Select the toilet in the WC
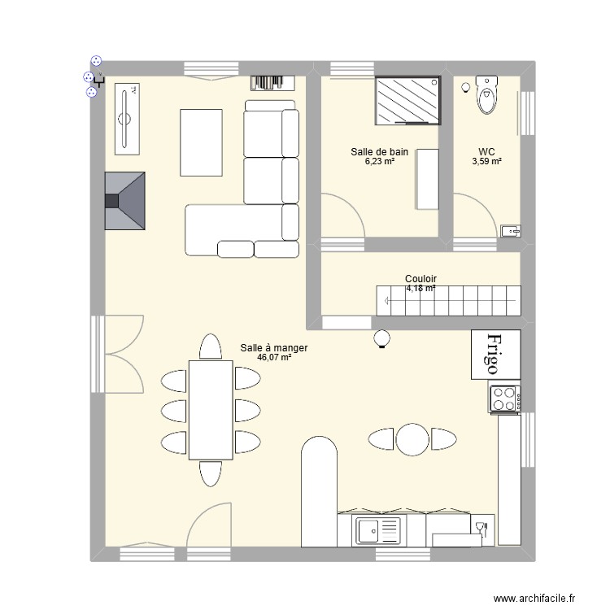pyautogui.click(x=487, y=96)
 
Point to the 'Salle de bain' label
pyautogui.click(x=379, y=151)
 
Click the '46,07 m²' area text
pyautogui.click(x=274, y=357)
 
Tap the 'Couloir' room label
pyautogui.click(x=420, y=279)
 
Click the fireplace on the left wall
pyautogui.click(x=124, y=201)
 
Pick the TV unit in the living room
pyautogui.click(x=125, y=119)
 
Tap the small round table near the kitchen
pyautogui.click(x=412, y=439)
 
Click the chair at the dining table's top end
pyautogui.click(x=211, y=347)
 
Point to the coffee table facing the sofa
pyautogui.click(x=201, y=142)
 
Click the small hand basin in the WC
pyautogui.click(x=510, y=231)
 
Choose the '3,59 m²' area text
pyautogui.click(x=486, y=161)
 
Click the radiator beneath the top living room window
pyautogui.click(x=270, y=81)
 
